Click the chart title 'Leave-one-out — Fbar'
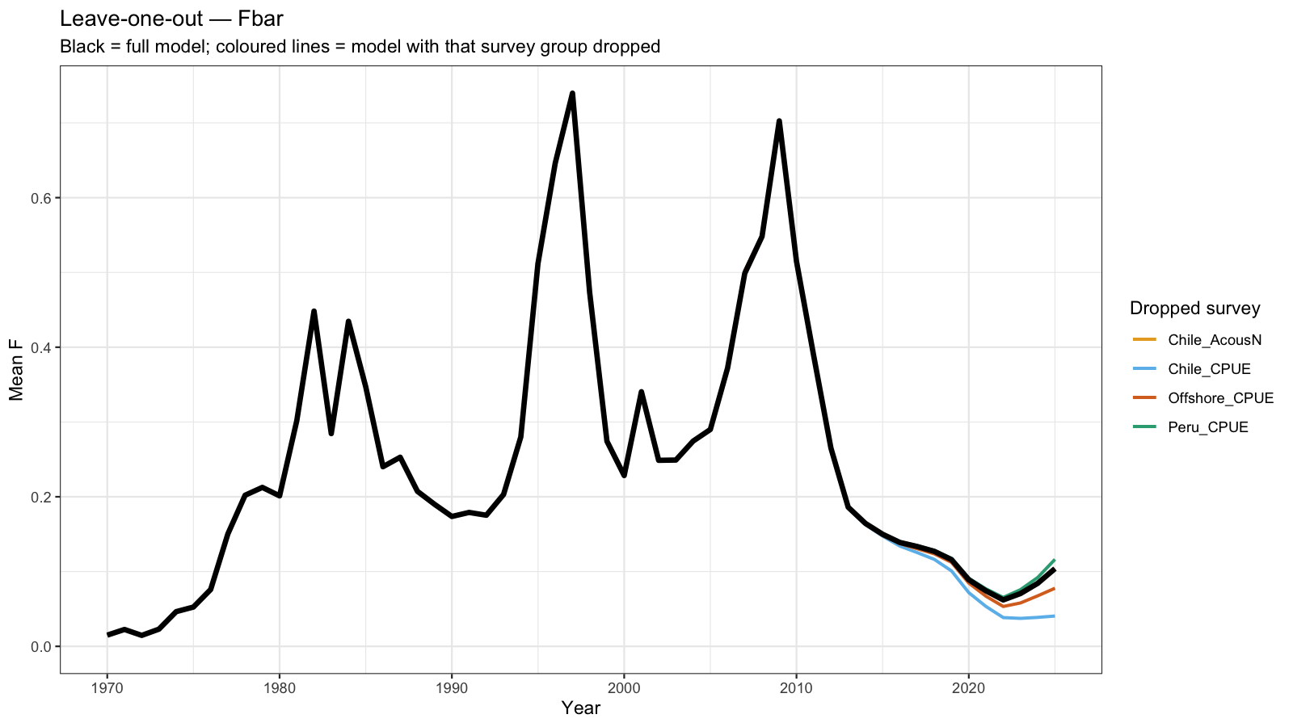tap(171, 19)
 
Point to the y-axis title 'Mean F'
tap(16, 370)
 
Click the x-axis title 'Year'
tap(581, 708)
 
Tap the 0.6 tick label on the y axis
tap(40, 198)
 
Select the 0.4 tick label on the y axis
tap(40, 347)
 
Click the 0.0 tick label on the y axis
tap(40, 647)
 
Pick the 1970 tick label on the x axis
tap(107, 687)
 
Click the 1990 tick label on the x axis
tap(452, 687)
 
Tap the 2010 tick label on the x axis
tap(797, 687)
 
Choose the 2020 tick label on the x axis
tap(969, 687)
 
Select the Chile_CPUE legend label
tap(1209, 368)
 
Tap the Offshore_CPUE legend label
tap(1221, 398)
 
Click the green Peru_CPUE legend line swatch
tap(1144, 427)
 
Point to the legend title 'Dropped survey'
tap(1195, 308)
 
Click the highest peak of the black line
tap(572, 94)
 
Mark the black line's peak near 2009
tap(779, 121)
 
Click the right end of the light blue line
tap(1054, 616)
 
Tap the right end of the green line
tap(1054, 560)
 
